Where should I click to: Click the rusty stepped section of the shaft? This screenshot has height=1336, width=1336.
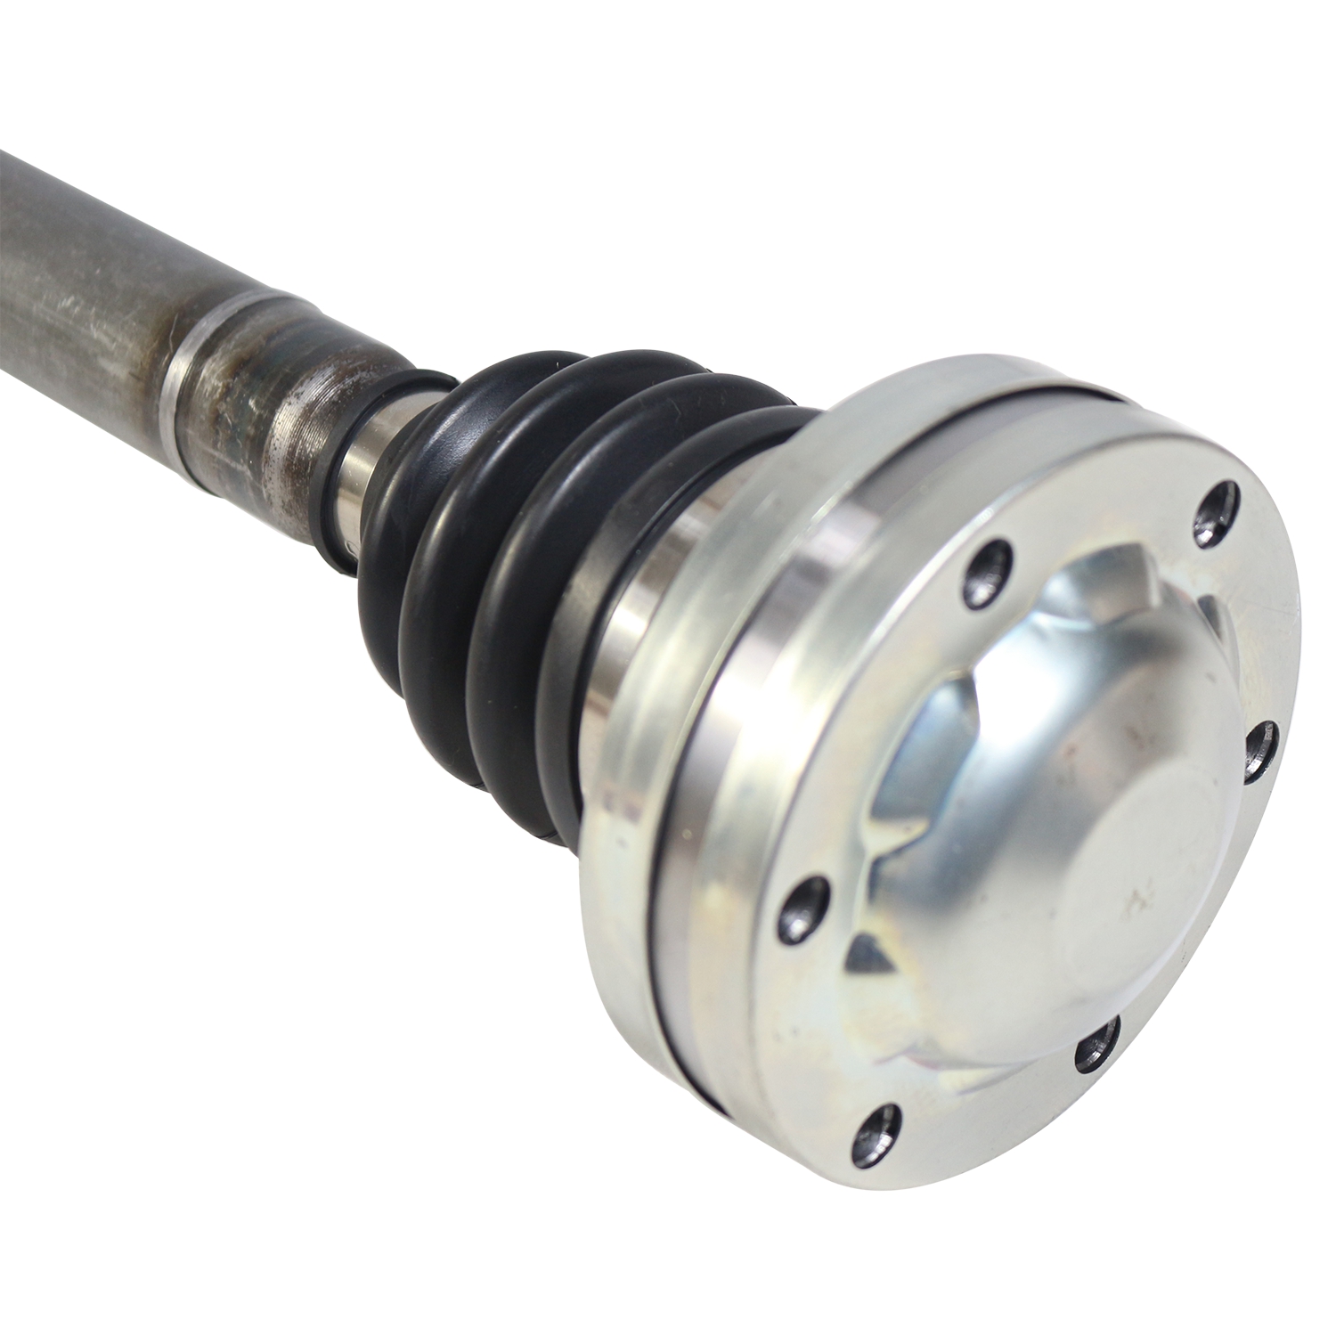pyautogui.click(x=267, y=392)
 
